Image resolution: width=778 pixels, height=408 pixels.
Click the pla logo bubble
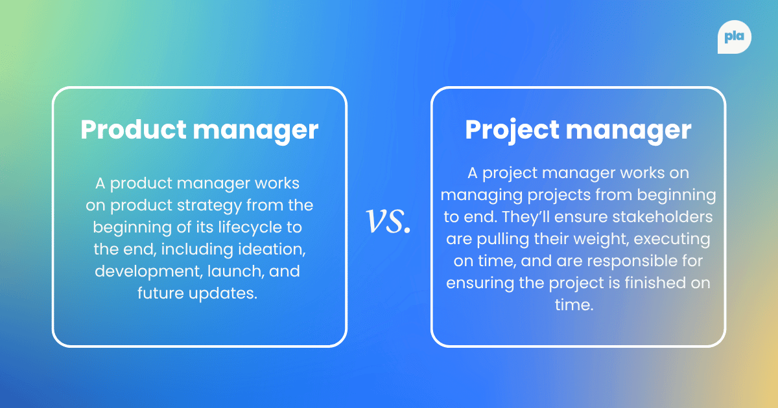(x=735, y=38)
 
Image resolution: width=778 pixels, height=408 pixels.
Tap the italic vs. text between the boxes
(x=389, y=220)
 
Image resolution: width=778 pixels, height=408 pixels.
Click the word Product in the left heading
(x=133, y=130)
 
